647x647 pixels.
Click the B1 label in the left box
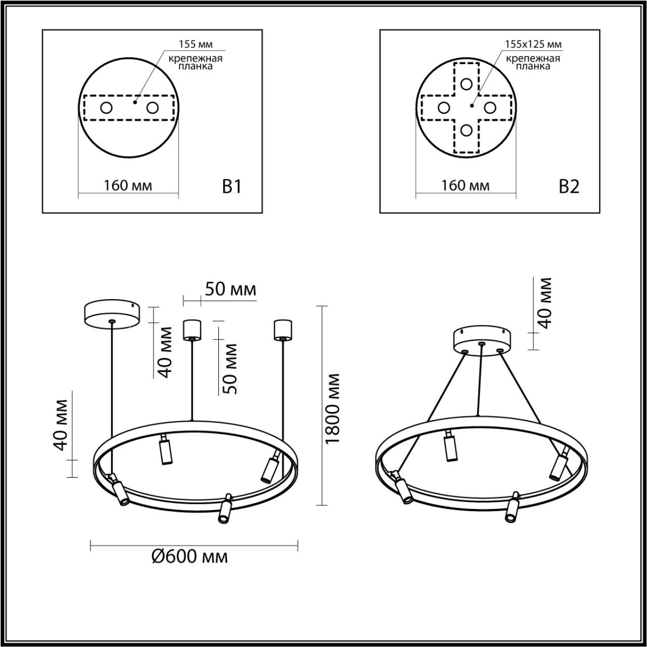click(x=232, y=187)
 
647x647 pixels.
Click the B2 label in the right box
click(x=569, y=187)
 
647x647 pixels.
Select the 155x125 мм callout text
click(x=533, y=44)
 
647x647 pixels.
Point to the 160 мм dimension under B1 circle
click(x=128, y=186)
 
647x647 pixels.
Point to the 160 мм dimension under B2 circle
click(x=466, y=186)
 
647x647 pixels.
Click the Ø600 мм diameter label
click(x=190, y=557)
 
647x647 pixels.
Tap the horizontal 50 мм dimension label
click(x=230, y=290)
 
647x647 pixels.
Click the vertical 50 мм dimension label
click(x=230, y=368)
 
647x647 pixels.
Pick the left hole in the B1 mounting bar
click(x=106, y=108)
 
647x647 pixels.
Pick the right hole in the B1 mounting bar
click(x=152, y=108)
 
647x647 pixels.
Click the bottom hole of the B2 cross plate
click(x=466, y=130)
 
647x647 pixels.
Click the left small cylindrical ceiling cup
click(x=192, y=329)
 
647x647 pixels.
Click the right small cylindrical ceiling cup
click(x=282, y=329)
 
